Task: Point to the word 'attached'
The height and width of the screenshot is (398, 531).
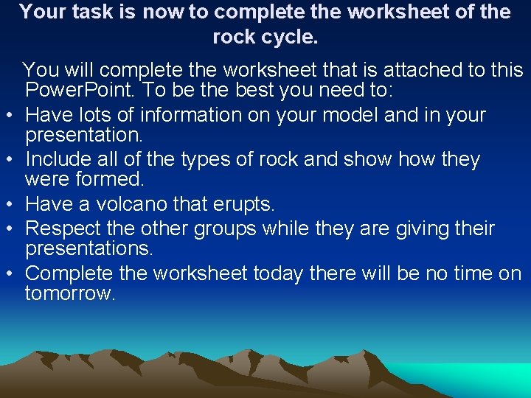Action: pos(418,71)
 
